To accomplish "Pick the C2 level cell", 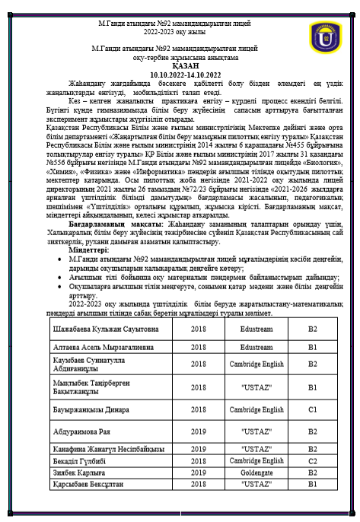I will coord(312,460).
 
